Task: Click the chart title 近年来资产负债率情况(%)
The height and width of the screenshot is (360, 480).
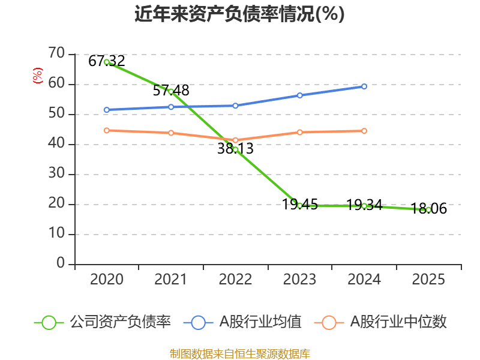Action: [239, 14]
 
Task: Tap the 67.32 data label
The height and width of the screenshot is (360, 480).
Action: [106, 61]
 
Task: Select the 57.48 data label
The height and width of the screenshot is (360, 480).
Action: [171, 91]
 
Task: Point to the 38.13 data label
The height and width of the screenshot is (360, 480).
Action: [235, 149]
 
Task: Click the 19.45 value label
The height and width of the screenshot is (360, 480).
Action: [299, 205]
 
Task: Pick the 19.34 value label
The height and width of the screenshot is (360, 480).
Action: [364, 205]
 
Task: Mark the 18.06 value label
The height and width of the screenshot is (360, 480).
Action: [428, 209]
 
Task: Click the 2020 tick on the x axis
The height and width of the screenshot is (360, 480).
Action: [106, 280]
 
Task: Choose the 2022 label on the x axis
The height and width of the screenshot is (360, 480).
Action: [235, 280]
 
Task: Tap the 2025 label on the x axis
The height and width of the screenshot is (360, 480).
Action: [428, 280]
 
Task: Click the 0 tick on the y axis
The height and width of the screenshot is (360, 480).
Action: [61, 264]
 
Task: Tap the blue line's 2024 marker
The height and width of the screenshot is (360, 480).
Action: [364, 86]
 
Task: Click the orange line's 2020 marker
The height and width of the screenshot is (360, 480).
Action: [106, 130]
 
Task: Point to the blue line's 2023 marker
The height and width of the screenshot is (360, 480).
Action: [299, 95]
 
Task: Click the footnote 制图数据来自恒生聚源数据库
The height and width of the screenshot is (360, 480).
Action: [239, 353]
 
